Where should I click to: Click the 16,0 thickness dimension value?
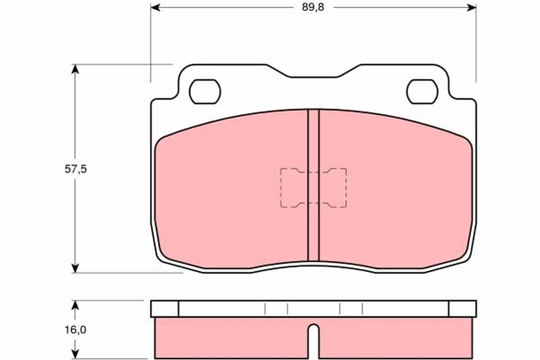click(x=75, y=329)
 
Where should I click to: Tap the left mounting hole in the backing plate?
click(x=205, y=92)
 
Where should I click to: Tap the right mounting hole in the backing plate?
click(x=422, y=92)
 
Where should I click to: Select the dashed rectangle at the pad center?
click(x=313, y=188)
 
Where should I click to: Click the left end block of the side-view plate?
click(x=165, y=309)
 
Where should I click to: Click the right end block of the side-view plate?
click(x=462, y=309)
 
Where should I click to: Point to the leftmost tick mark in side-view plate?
click(x=265, y=309)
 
